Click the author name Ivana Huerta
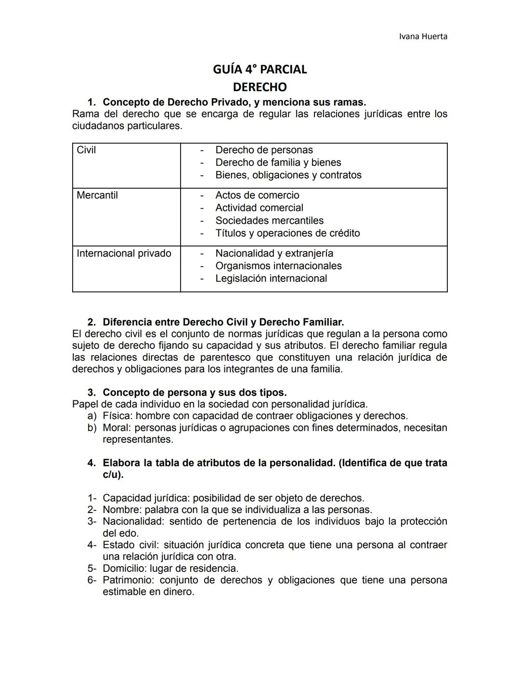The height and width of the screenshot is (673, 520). coord(423,37)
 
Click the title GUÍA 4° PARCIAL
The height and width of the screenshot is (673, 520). coord(260,69)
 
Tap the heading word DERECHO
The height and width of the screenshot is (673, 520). coord(260,87)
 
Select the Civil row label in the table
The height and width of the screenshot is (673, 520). coord(86,150)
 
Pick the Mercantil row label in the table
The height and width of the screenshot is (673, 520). coord(97,196)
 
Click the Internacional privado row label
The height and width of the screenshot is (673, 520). coord(124,253)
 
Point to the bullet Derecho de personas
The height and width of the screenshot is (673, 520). coord(264,150)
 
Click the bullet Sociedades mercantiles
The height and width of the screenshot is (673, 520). coord(269,221)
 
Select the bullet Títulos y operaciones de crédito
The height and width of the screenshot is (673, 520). coord(287,233)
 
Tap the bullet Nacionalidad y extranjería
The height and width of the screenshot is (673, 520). coord(274,253)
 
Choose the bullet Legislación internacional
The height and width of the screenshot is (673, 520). coord(271,278)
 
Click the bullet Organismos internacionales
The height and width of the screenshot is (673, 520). coord(278,266)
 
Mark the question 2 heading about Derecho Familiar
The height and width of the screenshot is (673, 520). coord(223,322)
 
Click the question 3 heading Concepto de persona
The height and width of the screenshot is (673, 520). coord(195,393)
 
